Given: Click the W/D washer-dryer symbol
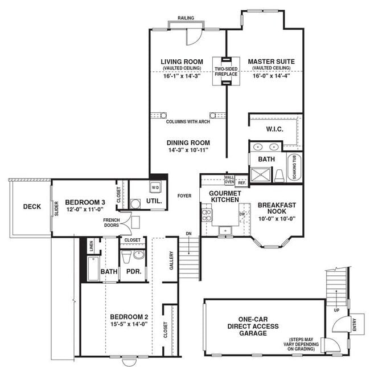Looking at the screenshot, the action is click(155, 187).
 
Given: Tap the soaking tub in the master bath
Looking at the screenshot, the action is click(294, 167).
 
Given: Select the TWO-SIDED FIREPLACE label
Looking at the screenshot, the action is click(226, 71).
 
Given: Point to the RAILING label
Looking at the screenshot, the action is click(186, 18).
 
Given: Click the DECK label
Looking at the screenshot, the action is click(32, 207).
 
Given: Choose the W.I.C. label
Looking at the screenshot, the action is click(275, 129).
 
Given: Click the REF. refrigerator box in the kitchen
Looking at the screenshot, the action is click(241, 182).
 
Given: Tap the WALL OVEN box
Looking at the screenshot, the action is click(229, 180).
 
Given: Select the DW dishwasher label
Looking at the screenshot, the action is click(242, 214).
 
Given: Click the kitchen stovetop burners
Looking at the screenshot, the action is click(207, 215).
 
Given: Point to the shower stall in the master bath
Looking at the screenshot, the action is click(261, 174).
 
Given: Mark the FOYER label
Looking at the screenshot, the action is click(184, 196).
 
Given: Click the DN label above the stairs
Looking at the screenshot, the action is click(189, 234).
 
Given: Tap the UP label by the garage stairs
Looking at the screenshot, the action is click(336, 310).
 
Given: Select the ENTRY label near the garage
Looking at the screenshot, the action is click(355, 324).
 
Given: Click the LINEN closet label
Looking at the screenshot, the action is click(92, 246).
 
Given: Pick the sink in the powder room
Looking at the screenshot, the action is click(139, 255).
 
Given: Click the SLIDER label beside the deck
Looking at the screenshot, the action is click(56, 209).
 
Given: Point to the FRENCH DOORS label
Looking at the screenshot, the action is click(112, 222).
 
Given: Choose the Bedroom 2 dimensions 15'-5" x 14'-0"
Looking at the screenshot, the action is click(129, 324).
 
